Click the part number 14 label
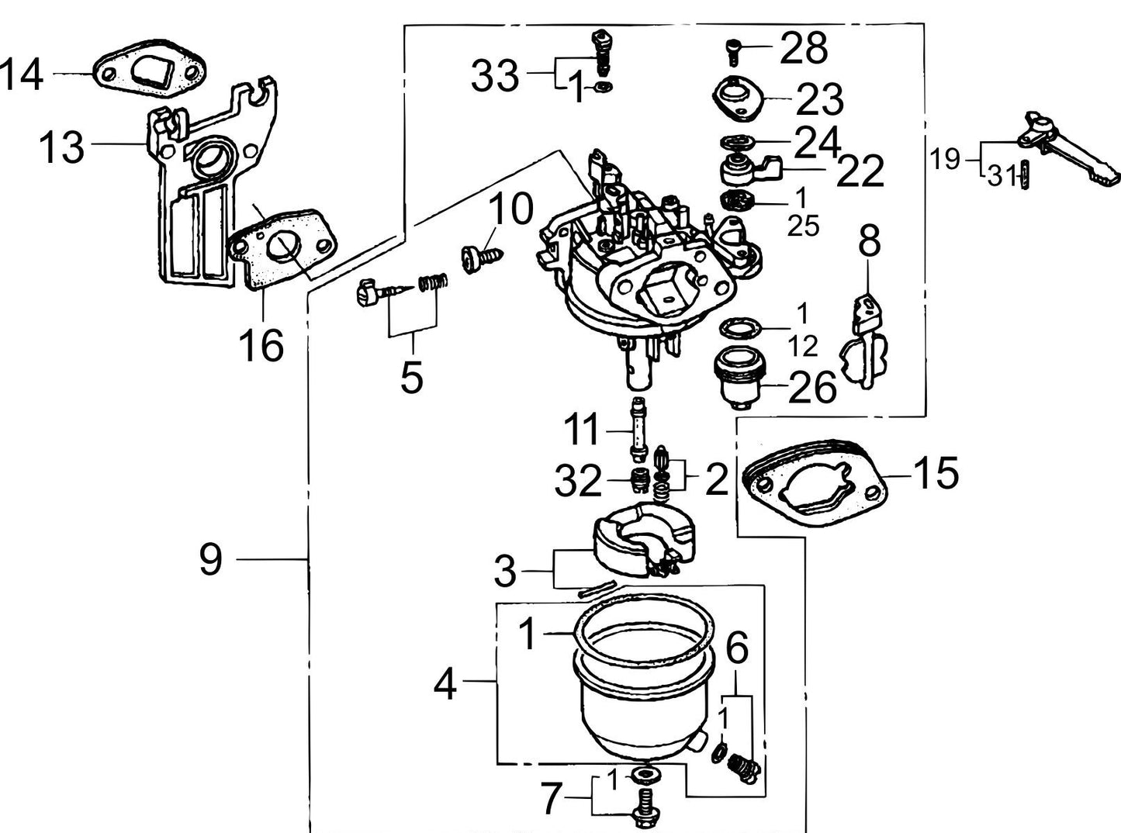22,74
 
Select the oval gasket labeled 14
150,74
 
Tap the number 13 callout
61,146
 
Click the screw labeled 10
475,258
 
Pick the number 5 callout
412,377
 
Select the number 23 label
819,99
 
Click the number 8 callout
869,241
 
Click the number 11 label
582,430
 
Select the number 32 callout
578,481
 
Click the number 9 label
210,558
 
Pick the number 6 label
736,648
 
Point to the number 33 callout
495,75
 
